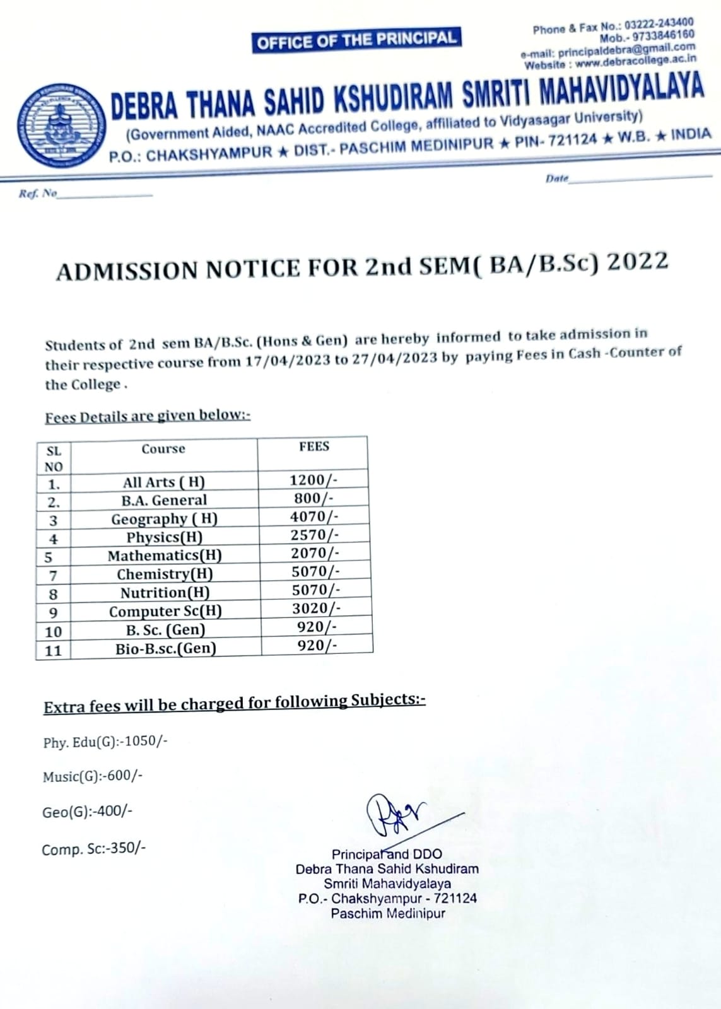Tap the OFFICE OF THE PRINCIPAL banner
(x=356, y=40)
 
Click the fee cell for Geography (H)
(x=314, y=516)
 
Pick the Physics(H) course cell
(x=164, y=537)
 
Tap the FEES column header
(x=314, y=446)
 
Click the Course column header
(x=163, y=449)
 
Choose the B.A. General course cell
(x=164, y=500)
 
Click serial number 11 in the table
(x=54, y=650)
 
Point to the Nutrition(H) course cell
(x=165, y=593)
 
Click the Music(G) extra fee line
(x=93, y=776)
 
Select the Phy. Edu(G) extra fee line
(x=105, y=742)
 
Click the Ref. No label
(x=38, y=194)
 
